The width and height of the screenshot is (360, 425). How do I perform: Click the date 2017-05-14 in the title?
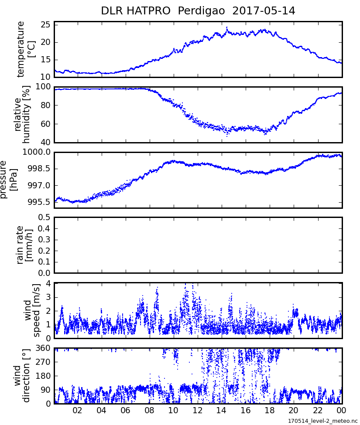click(264, 11)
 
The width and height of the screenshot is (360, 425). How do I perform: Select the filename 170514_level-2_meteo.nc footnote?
click(322, 421)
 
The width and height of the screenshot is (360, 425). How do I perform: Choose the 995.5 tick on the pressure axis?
click(40, 202)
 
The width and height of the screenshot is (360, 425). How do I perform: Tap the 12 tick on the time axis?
click(198, 411)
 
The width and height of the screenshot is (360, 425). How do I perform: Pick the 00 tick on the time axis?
click(342, 411)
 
